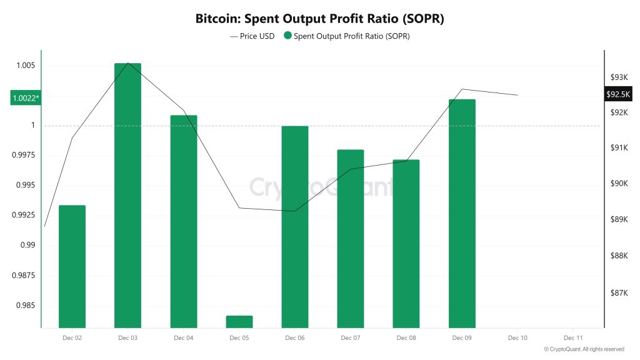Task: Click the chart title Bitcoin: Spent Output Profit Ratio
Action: (x=319, y=18)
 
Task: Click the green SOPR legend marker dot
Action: (x=287, y=36)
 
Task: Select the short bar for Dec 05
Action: (x=239, y=321)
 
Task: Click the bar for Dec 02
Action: (x=72, y=266)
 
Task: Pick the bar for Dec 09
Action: (x=462, y=213)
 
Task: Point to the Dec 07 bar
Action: (x=351, y=238)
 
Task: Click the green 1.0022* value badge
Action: (x=25, y=98)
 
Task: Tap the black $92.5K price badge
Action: (x=619, y=94)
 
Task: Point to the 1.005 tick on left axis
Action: (x=25, y=66)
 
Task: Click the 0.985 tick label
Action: (x=25, y=306)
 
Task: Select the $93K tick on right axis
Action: (x=619, y=77)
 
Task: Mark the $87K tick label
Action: (x=619, y=292)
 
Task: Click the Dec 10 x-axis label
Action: (x=517, y=337)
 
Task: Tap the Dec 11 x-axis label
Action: (x=573, y=337)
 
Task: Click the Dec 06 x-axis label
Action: (x=295, y=337)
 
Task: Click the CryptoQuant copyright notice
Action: (x=584, y=349)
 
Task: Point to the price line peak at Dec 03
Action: (x=128, y=63)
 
